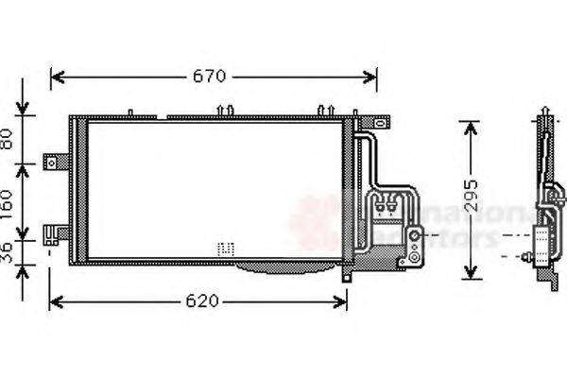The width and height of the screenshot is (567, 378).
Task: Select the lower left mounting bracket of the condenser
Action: click(x=59, y=232)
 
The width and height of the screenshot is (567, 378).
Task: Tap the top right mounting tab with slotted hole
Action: click(x=377, y=122)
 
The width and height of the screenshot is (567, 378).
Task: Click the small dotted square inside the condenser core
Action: click(x=225, y=249)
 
